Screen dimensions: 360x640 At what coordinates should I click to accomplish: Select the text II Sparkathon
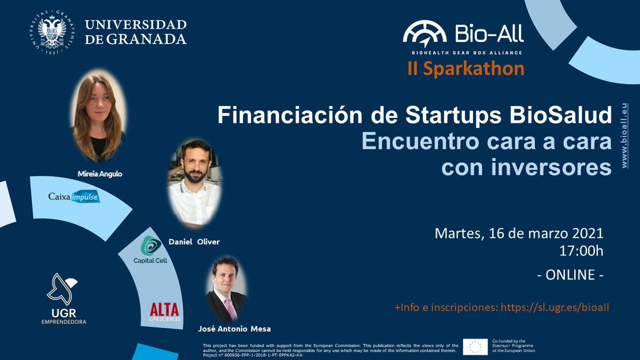coord(466,69)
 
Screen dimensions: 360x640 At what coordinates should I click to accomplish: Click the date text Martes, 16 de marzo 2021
coord(519,234)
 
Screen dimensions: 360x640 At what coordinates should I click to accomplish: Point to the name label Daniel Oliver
coord(194,242)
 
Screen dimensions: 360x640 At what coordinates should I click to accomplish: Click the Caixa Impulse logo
coord(74,197)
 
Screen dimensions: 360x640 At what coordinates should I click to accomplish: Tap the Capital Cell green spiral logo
coord(151,246)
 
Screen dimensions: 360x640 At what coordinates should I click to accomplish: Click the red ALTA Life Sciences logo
coord(165,311)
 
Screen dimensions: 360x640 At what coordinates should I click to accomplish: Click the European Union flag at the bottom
coord(475,346)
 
